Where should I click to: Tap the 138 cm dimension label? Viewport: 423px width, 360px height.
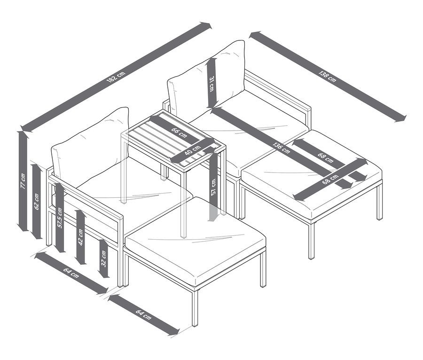tap(327, 75)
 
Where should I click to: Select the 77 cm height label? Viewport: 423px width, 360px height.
tap(23, 180)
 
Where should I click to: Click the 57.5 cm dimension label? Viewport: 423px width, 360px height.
tap(60, 218)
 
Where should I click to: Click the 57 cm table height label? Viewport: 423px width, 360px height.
tap(214, 185)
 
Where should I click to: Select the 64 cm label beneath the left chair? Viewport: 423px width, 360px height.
tap(70, 273)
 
